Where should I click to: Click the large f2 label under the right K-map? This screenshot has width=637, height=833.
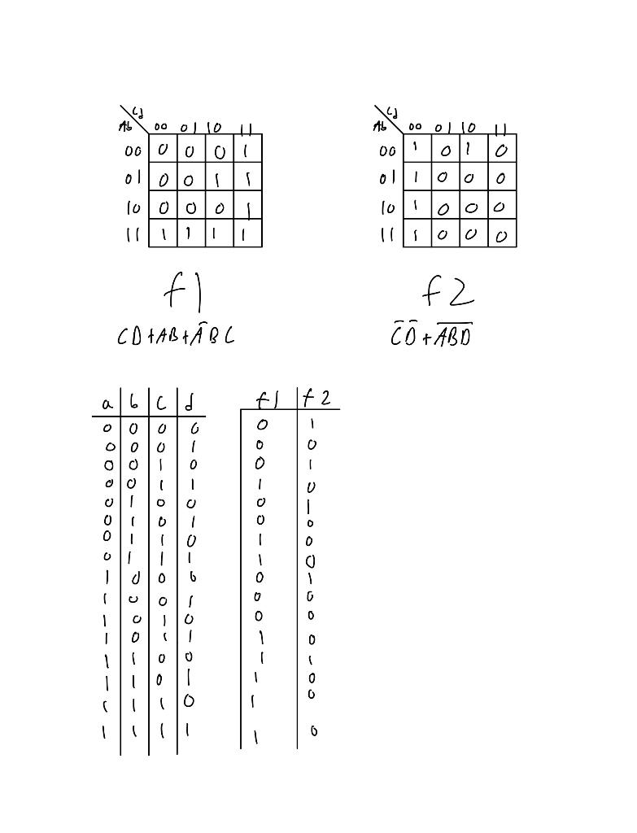click(x=447, y=291)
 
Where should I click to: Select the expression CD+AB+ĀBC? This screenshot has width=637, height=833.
click(x=176, y=336)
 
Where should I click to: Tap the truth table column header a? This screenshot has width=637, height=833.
click(x=107, y=403)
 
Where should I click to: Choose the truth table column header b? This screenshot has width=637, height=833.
click(x=134, y=401)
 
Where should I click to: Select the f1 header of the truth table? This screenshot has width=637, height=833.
click(x=267, y=399)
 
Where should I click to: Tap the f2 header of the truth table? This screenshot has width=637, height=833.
click(x=316, y=398)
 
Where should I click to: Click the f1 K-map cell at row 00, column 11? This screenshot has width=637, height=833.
click(x=247, y=150)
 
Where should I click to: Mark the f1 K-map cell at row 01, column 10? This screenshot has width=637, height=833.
click(x=219, y=178)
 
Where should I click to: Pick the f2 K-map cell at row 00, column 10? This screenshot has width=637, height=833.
click(x=473, y=149)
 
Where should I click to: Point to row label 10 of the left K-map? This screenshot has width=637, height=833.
click(x=133, y=207)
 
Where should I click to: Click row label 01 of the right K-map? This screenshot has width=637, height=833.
click(x=387, y=178)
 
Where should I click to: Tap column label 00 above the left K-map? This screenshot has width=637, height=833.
click(x=161, y=127)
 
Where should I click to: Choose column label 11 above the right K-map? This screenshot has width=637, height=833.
click(x=501, y=128)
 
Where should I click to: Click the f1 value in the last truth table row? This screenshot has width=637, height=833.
click(x=256, y=738)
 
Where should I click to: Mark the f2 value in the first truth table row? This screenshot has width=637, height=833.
click(x=312, y=424)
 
